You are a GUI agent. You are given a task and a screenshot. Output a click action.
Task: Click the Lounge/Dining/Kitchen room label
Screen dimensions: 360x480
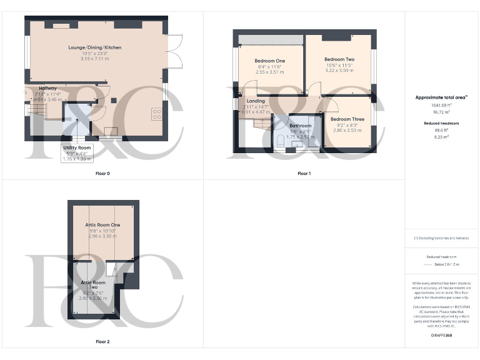click(95, 47)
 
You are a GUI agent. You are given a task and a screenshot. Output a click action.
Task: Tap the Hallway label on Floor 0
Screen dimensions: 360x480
click(47, 89)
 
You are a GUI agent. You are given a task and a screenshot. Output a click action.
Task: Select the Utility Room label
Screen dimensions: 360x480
click(77, 147)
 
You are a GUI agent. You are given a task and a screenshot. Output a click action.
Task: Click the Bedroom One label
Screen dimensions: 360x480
click(270, 61)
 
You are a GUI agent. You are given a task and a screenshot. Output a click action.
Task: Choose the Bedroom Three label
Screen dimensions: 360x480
click(347, 119)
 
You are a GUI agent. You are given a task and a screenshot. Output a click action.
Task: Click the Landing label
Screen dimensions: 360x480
click(256, 101)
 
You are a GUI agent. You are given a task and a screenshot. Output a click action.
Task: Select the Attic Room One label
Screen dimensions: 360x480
click(103, 225)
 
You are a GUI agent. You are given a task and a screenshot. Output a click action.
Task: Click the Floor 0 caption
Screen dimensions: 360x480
click(102, 173)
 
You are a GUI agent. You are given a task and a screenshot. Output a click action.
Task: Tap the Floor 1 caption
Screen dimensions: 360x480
click(304, 173)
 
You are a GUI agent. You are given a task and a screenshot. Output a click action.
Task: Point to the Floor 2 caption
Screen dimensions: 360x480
click(102, 342)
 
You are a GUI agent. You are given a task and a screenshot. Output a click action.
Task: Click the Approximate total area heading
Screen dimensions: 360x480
click(442, 97)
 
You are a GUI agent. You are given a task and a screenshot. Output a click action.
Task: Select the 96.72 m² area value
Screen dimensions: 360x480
click(442, 112)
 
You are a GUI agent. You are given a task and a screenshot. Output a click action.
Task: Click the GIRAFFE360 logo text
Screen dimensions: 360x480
click(442, 336)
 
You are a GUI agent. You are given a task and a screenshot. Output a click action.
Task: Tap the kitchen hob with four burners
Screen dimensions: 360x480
click(157, 114)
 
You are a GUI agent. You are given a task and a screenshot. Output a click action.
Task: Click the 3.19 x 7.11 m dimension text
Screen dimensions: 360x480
click(95, 59)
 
